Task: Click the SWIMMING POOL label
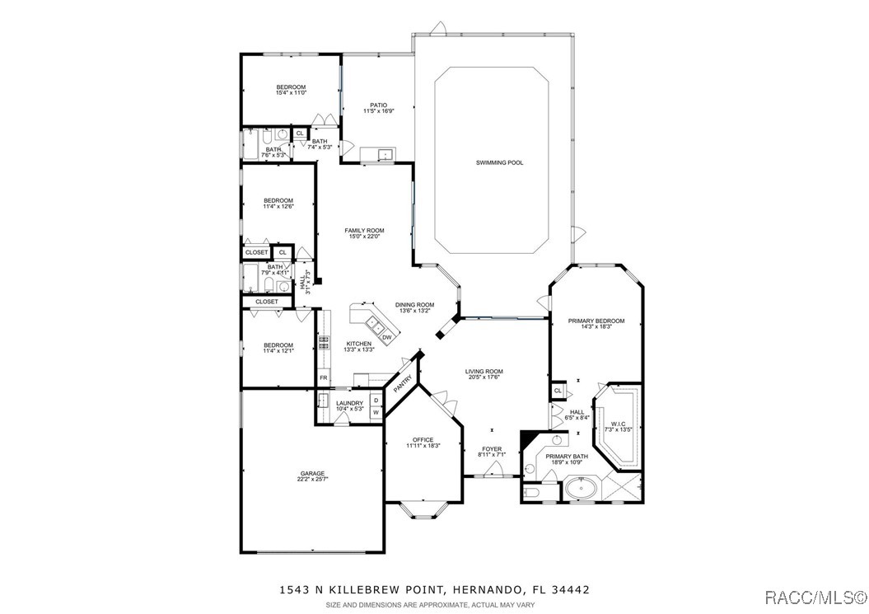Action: pos(499,162)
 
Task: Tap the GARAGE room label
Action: pos(312,474)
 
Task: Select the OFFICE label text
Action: pos(423,440)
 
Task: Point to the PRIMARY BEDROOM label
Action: pos(596,321)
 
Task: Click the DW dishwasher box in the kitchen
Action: pos(386,337)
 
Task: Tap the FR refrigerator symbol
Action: pos(324,378)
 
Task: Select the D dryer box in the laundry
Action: pos(376,401)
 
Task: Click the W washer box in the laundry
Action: pos(376,411)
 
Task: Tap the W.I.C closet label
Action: pos(618,424)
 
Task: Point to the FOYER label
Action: pos(492,450)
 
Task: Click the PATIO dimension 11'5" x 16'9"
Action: pos(378,111)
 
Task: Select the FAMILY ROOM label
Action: pos(364,231)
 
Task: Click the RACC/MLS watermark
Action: pos(813,596)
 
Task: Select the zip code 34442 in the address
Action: pos(572,590)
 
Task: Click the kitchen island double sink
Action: pos(371,323)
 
